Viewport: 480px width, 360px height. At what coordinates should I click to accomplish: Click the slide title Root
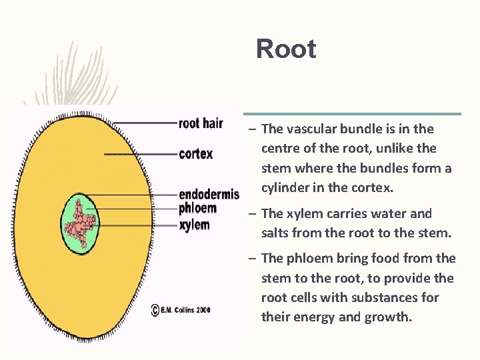coord(286,49)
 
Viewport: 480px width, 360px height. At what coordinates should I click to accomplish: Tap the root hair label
coord(201,123)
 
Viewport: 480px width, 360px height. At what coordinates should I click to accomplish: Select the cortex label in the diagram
coord(196,154)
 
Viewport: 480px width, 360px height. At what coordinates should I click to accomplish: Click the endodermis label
coord(209,195)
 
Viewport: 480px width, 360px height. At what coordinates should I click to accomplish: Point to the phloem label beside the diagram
coord(197,209)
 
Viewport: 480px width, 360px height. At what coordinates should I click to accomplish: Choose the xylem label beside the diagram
coord(194,225)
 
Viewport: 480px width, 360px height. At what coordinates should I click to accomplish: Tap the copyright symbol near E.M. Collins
coord(155,310)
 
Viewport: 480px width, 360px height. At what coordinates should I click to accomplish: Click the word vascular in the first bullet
coord(311,129)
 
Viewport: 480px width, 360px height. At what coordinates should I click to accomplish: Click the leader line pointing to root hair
coord(143,123)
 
